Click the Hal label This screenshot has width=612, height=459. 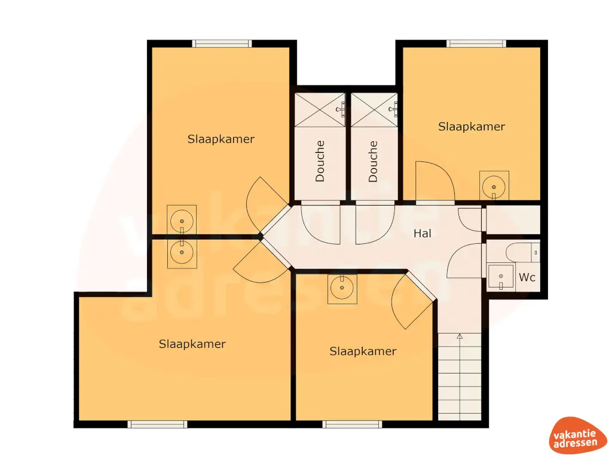pos(423,234)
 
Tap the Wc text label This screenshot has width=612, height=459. pos(527,277)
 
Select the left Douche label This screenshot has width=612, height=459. pos(320,161)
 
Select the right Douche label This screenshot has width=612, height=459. pos(374,161)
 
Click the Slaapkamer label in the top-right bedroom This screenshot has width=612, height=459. pos(472,127)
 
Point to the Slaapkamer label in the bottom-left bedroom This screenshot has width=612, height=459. pos(192,344)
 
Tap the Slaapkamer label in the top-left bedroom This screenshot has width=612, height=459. pos(221,139)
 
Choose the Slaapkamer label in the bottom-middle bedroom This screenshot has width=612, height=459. pos(363,351)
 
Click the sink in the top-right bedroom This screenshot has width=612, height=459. pos(494,185)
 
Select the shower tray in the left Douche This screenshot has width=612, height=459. pos(320,109)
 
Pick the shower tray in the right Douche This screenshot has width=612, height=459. pos(374,109)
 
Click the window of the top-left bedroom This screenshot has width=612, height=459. pos(222,44)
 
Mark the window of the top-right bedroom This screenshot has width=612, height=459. pos(476,44)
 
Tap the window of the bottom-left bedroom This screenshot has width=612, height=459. pos(158,424)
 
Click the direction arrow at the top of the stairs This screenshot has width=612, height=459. pos(460,337)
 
